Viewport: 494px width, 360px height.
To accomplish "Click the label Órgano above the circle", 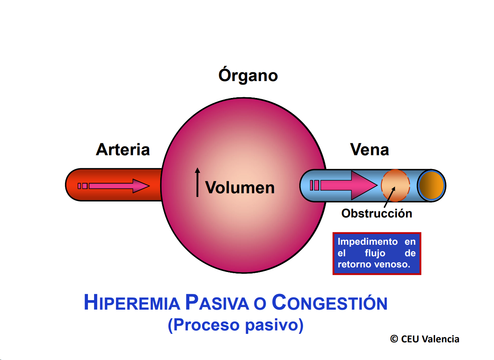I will (x=248, y=75).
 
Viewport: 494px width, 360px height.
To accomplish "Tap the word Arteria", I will (x=123, y=149).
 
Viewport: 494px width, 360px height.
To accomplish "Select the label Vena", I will (x=369, y=149).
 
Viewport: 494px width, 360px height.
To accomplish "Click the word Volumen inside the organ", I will (x=240, y=188).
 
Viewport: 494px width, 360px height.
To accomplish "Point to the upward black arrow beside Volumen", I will (x=197, y=182).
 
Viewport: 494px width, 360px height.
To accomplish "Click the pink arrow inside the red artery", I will (x=115, y=186).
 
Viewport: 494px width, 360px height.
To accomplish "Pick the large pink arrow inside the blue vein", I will (x=346, y=185).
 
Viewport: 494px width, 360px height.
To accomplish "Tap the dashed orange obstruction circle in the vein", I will (x=395, y=185).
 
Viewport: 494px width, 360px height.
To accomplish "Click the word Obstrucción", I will (x=376, y=214).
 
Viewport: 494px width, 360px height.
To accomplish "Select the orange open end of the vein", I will (x=431, y=185).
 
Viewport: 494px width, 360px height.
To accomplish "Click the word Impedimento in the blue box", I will (x=362, y=242).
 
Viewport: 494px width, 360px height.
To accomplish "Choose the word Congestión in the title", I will (x=329, y=303).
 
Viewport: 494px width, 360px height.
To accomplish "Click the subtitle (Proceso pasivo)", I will (x=235, y=325).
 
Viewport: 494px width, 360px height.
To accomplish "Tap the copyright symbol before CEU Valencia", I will (x=394, y=339).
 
